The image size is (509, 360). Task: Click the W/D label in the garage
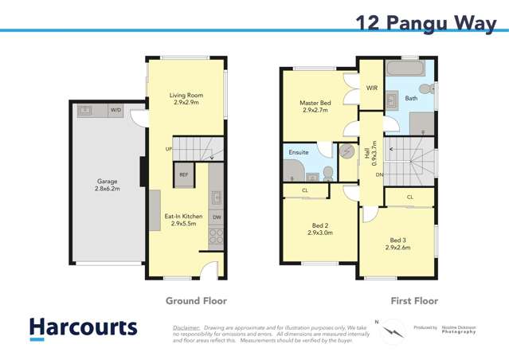tap(116, 110)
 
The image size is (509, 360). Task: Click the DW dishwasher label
tap(217, 216)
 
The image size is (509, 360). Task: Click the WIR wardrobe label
tap(371, 88)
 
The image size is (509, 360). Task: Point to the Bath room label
tap(411, 99)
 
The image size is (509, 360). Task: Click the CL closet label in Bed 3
tap(409, 197)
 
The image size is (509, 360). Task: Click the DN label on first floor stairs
tap(380, 174)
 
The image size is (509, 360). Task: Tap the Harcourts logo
tap(83, 328)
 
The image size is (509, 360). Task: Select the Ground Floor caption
tap(196, 301)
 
